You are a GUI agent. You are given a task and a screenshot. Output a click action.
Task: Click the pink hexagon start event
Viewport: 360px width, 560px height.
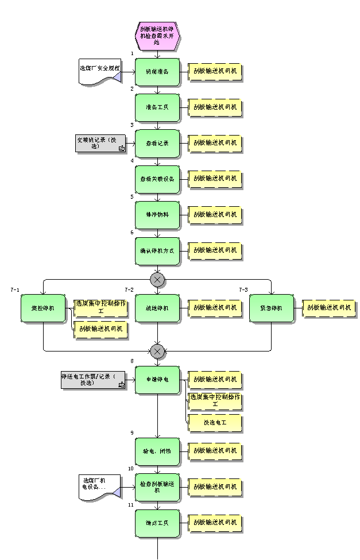pos(157,34)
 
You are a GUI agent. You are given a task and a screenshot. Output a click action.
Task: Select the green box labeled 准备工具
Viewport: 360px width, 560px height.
pos(157,107)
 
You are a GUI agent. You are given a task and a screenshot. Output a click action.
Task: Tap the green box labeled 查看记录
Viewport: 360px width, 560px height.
pos(157,143)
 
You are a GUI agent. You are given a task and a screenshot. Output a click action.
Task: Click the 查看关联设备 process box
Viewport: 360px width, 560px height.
pos(157,179)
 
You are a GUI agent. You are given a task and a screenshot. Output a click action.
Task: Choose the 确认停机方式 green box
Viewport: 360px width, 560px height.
pos(157,251)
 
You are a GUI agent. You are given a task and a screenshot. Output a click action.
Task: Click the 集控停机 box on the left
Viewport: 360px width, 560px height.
pos(43,308)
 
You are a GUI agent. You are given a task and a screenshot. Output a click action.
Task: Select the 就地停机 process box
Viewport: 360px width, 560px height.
pos(157,308)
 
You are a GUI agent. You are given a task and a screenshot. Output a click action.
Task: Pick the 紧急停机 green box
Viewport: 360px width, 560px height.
pos(272,308)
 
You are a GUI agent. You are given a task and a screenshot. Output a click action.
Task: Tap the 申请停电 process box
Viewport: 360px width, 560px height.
pos(157,380)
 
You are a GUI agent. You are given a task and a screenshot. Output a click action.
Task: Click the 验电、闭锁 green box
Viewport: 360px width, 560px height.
pos(157,451)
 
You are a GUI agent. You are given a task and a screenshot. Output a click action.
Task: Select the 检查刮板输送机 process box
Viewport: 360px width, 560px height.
pos(157,487)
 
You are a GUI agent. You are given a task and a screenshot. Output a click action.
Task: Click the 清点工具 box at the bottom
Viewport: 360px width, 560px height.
pos(157,523)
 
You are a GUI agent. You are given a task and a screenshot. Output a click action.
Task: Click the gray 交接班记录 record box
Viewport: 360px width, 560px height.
pos(100,144)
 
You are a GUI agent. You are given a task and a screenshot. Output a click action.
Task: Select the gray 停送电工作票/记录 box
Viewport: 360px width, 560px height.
pos(94,380)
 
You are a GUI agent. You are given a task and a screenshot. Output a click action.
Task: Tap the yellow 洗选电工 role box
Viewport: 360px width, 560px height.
pos(215,423)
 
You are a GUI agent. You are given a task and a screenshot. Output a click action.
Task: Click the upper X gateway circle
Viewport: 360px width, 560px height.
pos(157,280)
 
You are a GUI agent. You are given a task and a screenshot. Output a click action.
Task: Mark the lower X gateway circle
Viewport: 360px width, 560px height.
pos(157,351)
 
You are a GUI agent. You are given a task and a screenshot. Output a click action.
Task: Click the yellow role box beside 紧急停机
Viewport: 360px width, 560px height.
pos(329,308)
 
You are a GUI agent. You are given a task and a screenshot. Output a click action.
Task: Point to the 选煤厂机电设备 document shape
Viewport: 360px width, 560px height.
pos(100,486)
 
